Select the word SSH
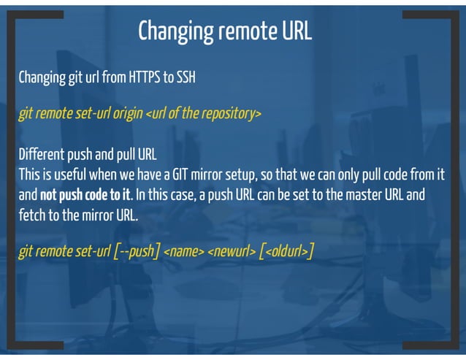coord(184,77)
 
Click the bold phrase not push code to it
coord(85,196)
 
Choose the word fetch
coord(32,216)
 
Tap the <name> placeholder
coord(183,252)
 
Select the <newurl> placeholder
coord(232,252)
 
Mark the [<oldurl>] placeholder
coord(287,252)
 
